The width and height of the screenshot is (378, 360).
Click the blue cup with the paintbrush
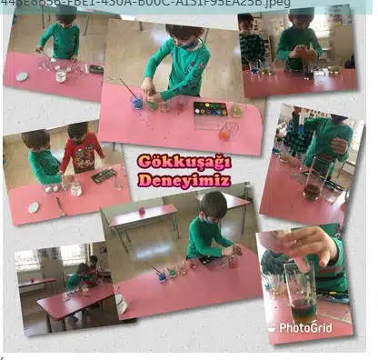click(137, 102)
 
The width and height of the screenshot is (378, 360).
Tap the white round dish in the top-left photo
click(22, 76)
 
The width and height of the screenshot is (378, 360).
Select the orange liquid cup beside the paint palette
click(224, 131)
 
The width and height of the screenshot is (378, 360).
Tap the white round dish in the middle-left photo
click(34, 207)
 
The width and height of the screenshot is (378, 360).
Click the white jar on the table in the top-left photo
click(61, 75)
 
